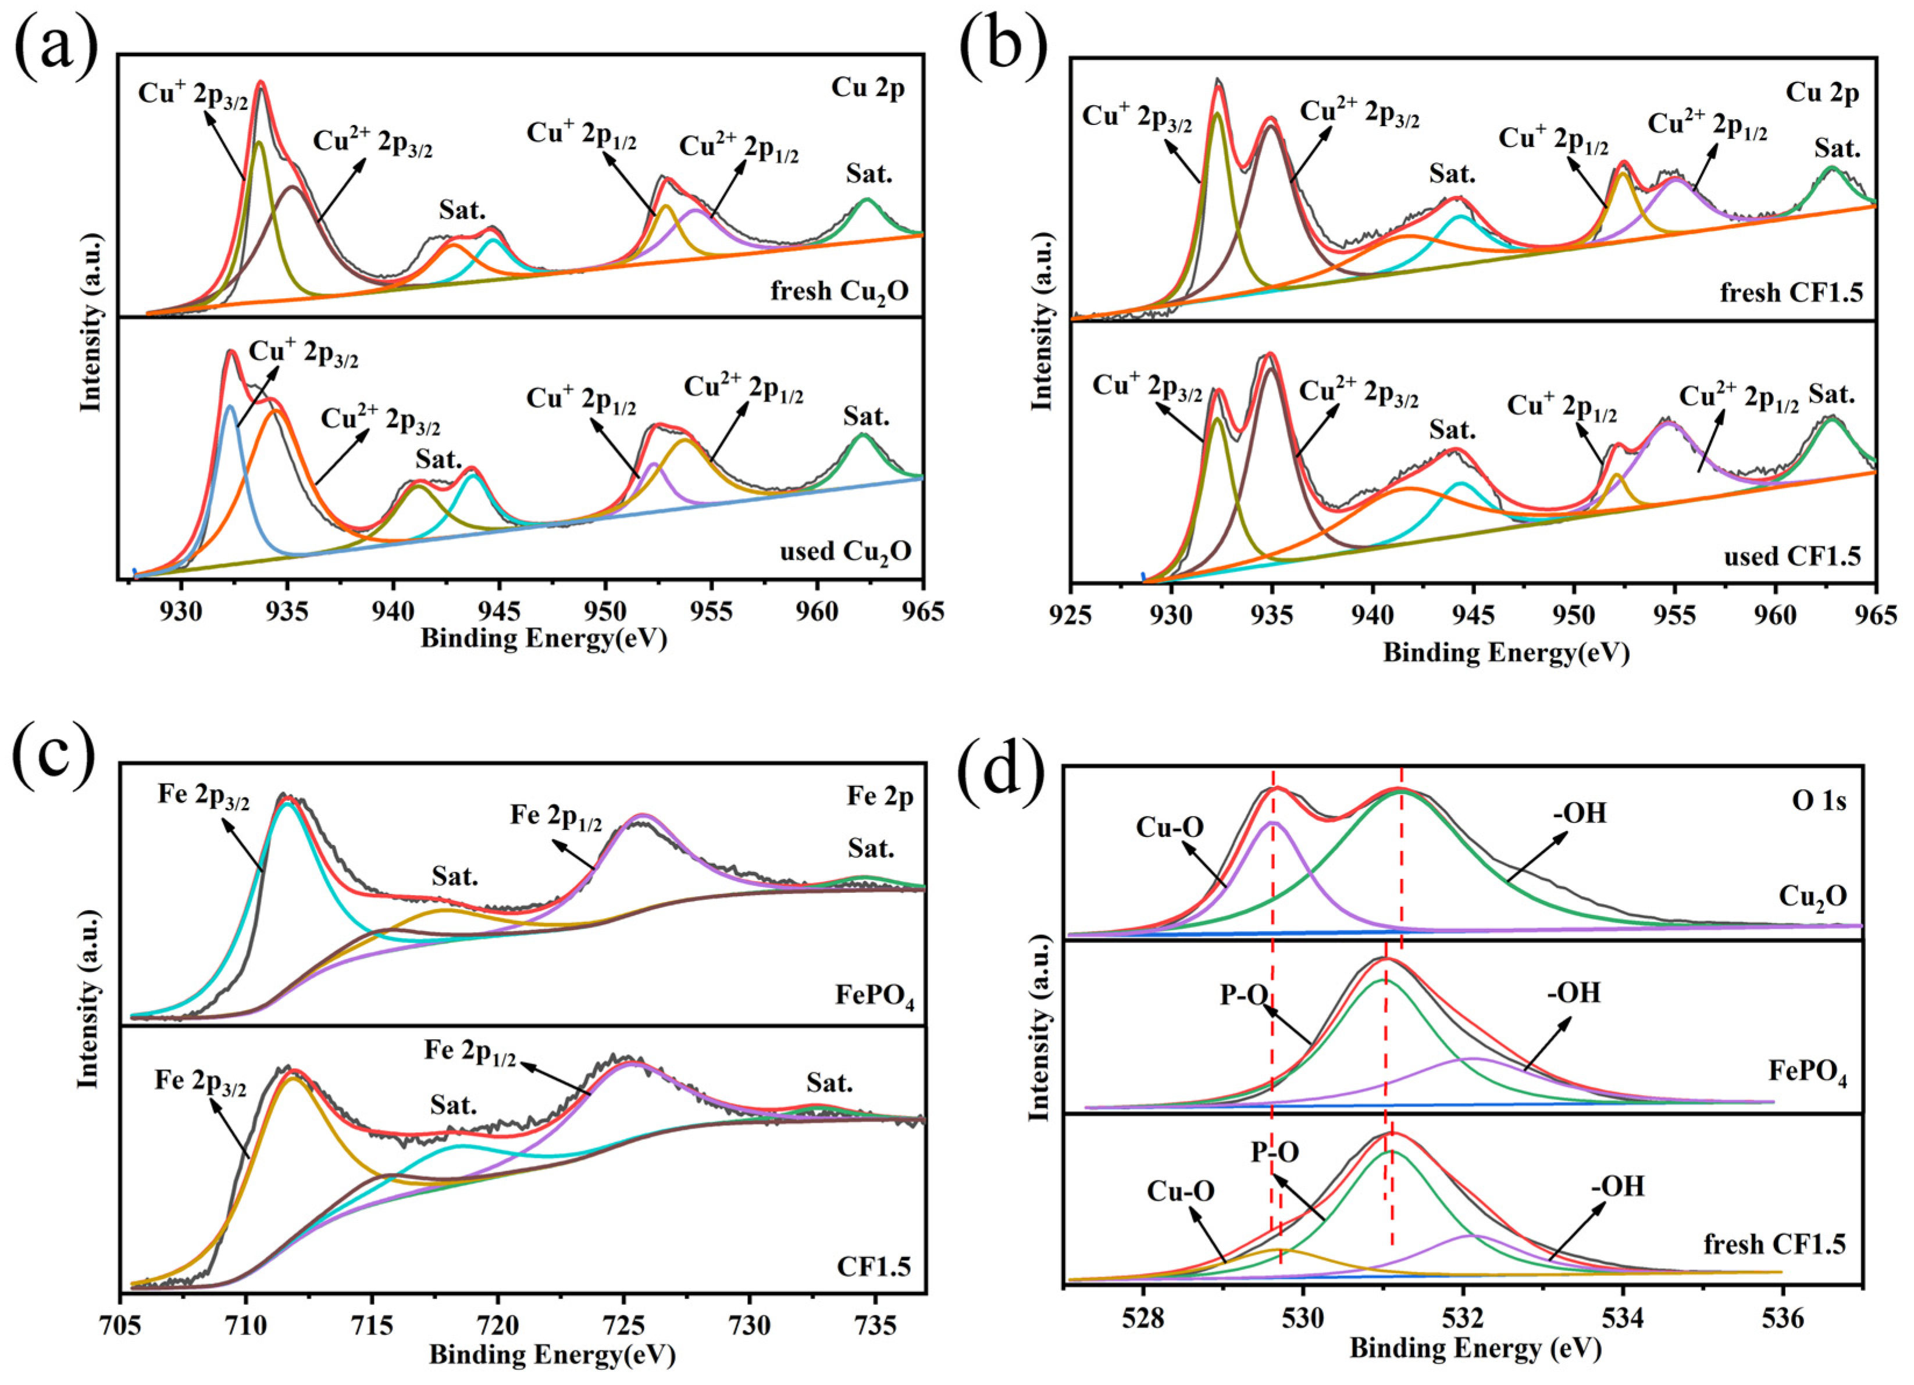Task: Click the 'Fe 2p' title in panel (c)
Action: (880, 796)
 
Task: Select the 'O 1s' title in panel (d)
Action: (1819, 800)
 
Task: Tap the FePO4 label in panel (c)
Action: (875, 996)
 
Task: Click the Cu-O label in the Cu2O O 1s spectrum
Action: (1169, 828)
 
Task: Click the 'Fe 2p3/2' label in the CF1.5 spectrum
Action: (201, 1082)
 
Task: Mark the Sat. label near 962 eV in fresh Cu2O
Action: (868, 174)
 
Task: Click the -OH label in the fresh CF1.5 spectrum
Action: (1618, 1187)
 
